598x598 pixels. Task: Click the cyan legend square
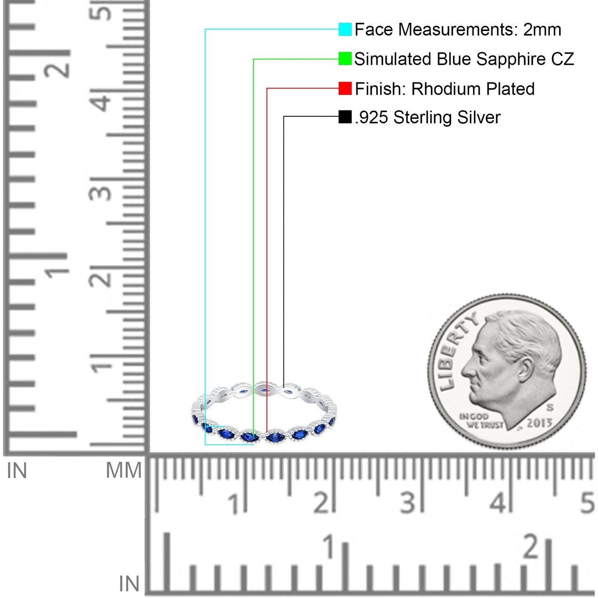point(345,29)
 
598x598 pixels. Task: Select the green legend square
point(345,59)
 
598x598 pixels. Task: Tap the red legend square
point(345,88)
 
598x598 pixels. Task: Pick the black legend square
point(345,117)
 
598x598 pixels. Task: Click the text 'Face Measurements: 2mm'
point(458,30)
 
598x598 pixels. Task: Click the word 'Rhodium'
point(447,89)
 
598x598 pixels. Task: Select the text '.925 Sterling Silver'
point(427,118)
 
